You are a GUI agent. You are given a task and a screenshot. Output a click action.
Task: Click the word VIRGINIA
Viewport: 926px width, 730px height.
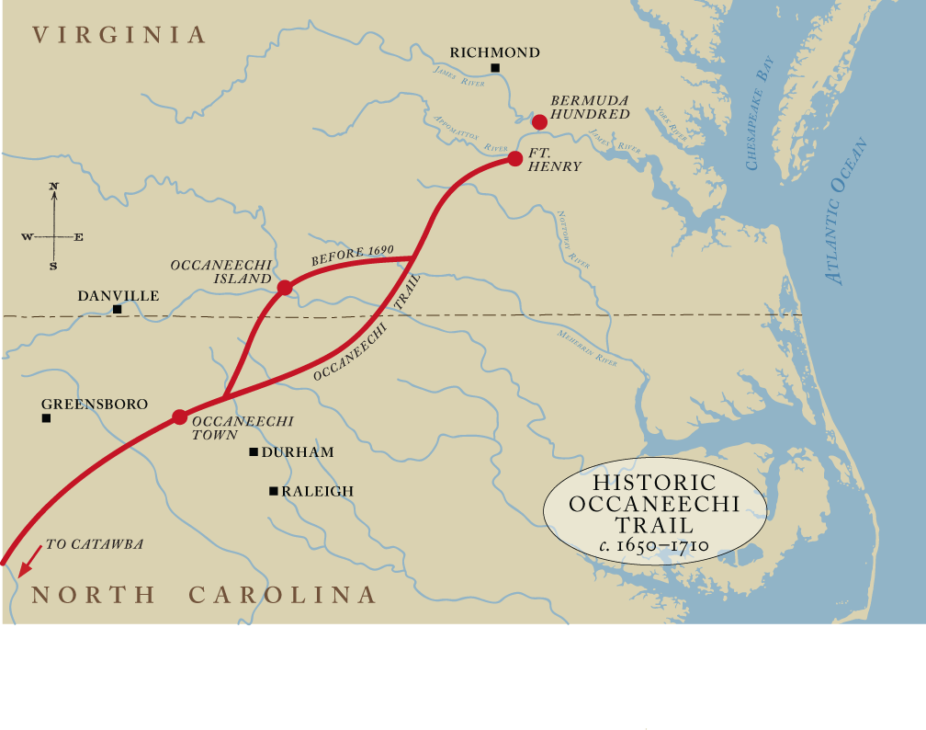119,35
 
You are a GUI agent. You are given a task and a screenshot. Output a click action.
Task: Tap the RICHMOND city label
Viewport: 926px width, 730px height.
494,52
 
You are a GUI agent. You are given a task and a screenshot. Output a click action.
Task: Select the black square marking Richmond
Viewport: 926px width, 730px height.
495,68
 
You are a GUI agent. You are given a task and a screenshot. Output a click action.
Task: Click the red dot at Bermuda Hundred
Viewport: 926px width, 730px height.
539,121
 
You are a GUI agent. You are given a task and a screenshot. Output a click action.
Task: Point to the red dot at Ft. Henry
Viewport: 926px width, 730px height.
515,158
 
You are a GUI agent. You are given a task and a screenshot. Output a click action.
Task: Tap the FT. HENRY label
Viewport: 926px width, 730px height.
555,160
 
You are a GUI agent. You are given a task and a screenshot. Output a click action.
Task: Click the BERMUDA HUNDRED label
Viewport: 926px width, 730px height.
590,108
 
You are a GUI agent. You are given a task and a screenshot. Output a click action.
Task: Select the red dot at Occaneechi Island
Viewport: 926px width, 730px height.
285,288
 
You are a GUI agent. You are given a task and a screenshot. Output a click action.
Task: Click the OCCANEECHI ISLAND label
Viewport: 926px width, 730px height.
220,271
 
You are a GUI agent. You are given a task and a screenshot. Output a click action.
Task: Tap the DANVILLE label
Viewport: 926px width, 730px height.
118,296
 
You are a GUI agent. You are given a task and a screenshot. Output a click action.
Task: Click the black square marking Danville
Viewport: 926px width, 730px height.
117,310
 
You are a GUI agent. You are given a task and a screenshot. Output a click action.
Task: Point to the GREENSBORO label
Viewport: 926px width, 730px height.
95,405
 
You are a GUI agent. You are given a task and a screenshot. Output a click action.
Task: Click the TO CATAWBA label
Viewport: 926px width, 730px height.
95,544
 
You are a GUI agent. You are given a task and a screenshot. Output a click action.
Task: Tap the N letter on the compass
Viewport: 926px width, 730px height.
54,187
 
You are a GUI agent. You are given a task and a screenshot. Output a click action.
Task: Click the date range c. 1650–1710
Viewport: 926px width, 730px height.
653,545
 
